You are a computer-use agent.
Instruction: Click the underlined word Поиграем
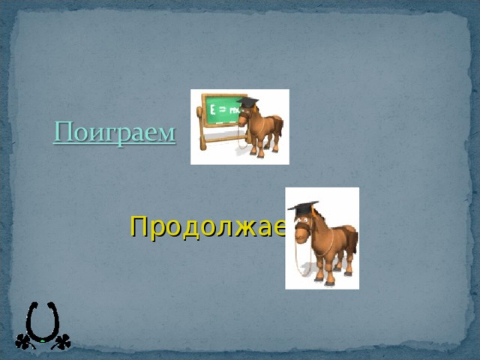coord(115,133)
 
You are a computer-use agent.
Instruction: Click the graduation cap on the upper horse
coord(247,102)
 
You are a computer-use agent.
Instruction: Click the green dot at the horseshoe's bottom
coord(43,341)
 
